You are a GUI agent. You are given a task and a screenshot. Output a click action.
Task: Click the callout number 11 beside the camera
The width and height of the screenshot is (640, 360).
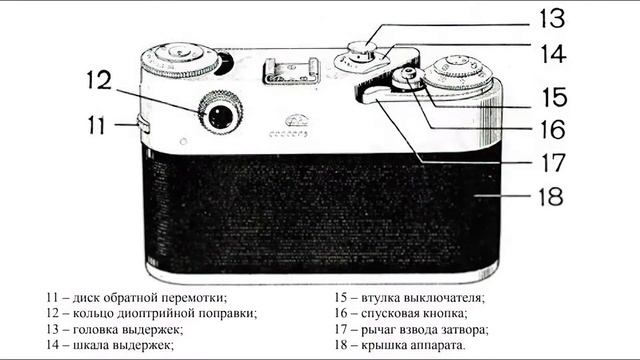click(96, 126)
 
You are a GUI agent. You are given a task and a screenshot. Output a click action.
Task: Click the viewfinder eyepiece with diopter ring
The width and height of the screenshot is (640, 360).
click(220, 116)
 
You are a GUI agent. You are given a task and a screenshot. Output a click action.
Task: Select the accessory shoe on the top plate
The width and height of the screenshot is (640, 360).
click(289, 70)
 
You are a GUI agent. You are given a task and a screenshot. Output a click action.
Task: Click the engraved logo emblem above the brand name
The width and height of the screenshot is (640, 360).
click(297, 119)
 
